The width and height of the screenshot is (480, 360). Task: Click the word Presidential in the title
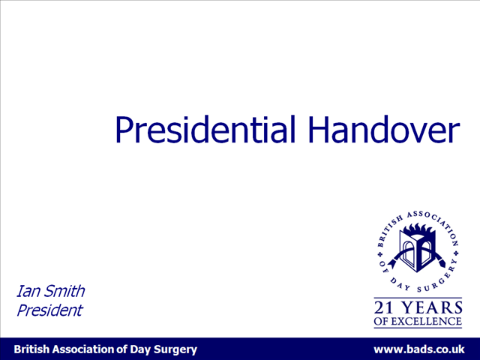tap(205, 129)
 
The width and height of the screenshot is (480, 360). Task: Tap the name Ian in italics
tap(28, 291)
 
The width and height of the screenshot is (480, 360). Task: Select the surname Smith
tap(64, 291)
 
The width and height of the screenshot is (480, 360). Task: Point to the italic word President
tap(49, 310)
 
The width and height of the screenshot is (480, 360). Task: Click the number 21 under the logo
tap(383, 307)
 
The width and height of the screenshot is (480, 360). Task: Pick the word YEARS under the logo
tap(431, 307)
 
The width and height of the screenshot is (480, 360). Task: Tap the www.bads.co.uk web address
tap(419, 349)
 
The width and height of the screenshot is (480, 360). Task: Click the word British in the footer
tap(31, 349)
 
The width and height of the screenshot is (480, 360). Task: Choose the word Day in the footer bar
tap(140, 350)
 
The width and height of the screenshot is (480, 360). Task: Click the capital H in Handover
tap(318, 130)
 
